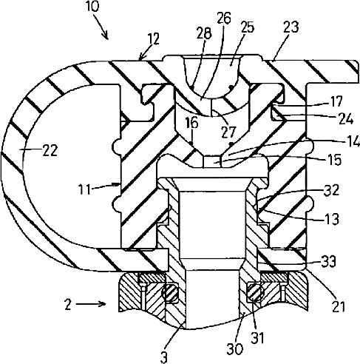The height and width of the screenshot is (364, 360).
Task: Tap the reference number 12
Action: (154, 38)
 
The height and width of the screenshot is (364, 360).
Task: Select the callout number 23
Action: (291, 27)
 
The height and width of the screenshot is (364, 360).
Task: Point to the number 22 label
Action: (50, 150)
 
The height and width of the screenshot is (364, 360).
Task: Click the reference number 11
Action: (84, 190)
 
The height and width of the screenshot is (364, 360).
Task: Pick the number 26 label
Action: (224, 18)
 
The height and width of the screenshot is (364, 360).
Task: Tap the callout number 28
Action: (204, 33)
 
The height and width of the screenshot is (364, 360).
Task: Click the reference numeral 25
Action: (247, 27)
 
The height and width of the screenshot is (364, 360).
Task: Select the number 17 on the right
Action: (336, 101)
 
